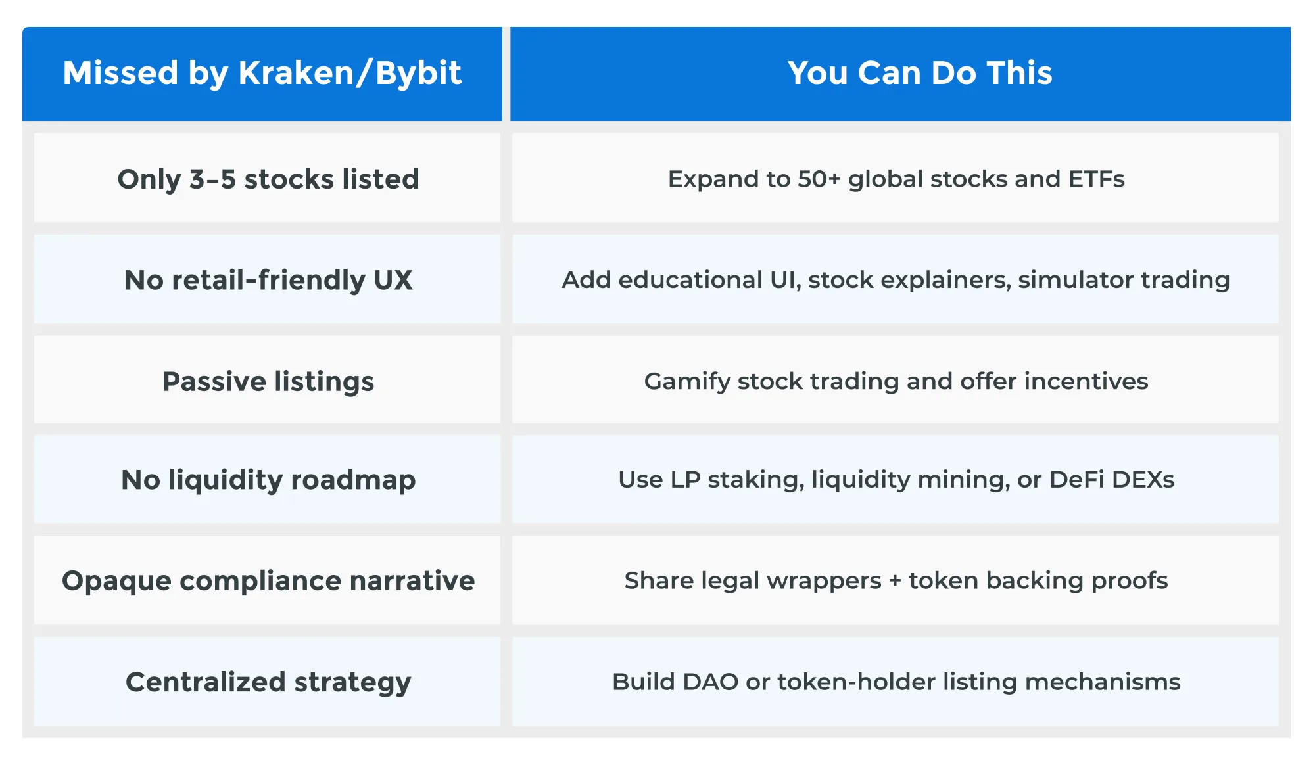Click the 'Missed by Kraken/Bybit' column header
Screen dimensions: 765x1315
click(262, 73)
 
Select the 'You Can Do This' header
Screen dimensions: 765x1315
click(919, 73)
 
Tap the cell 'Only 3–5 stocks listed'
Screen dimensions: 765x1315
click(268, 179)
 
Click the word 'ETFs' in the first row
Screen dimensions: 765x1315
click(1096, 179)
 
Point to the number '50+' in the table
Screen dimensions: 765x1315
click(819, 179)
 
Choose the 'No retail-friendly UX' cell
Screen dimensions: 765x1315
click(268, 280)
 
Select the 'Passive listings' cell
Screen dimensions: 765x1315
click(268, 381)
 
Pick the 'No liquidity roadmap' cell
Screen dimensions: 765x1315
click(268, 480)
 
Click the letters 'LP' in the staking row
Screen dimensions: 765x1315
click(685, 480)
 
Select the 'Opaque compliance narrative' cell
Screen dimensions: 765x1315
click(268, 581)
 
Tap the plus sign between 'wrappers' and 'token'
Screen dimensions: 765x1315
click(894, 581)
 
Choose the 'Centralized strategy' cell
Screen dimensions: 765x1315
click(268, 682)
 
